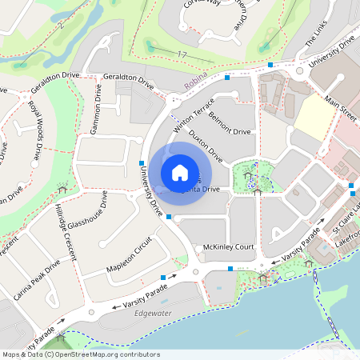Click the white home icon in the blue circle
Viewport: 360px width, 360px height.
(180, 172)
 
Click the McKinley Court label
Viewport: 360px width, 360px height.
(228, 247)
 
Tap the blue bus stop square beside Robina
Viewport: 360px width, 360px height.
(228, 78)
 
